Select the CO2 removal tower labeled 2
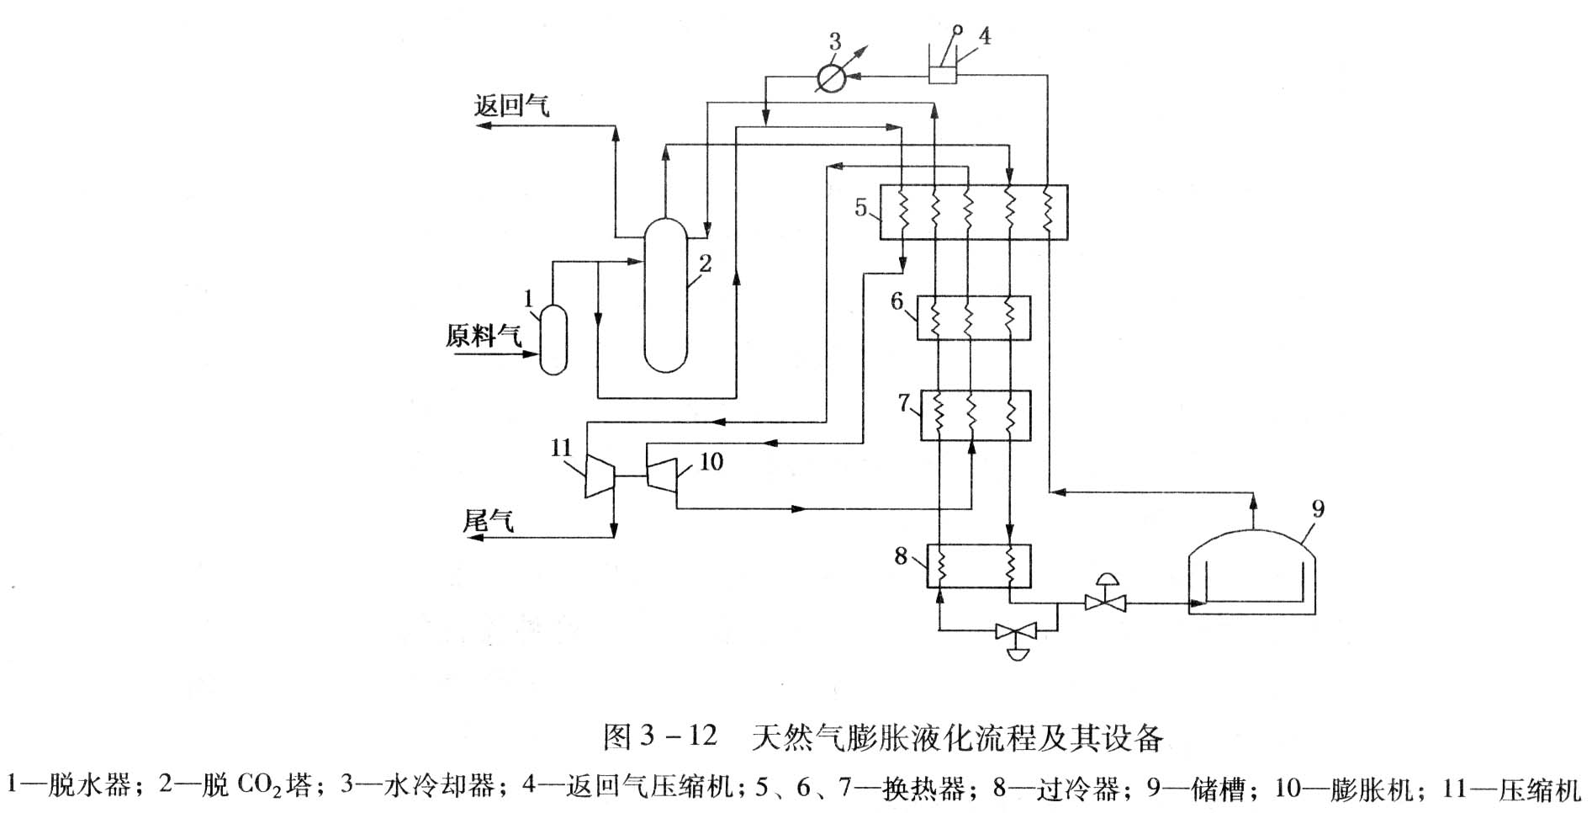click(x=666, y=295)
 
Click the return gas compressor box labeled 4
click(x=944, y=74)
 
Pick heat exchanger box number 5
click(x=973, y=212)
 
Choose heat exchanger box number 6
click(x=973, y=318)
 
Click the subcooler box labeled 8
click(x=978, y=566)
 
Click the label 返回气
click(x=511, y=106)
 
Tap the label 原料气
click(x=484, y=336)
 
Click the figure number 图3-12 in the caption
click(x=659, y=736)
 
